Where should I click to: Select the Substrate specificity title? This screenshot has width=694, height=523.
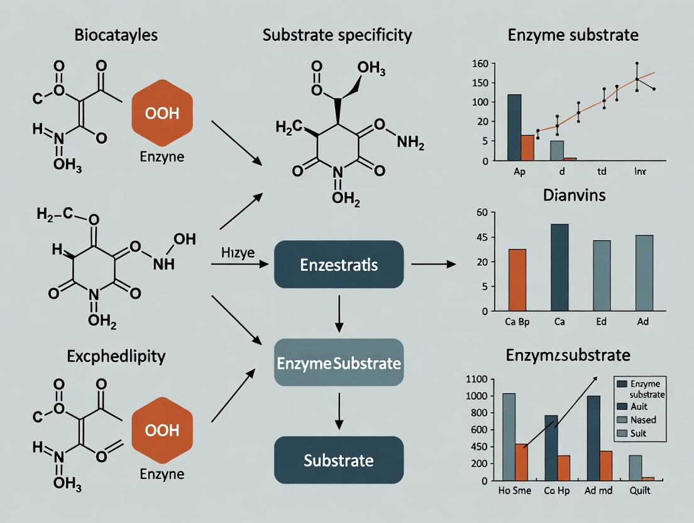click(x=337, y=35)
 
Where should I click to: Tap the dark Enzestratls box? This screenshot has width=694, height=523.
click(x=339, y=265)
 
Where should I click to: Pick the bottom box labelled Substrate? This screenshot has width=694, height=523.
click(x=339, y=460)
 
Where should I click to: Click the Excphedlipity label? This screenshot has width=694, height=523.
click(x=116, y=356)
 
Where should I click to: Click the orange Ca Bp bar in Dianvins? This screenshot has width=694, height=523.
click(x=517, y=280)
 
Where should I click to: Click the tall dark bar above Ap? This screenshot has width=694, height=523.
click(x=514, y=127)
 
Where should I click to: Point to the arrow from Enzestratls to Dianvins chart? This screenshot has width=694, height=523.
click(x=433, y=265)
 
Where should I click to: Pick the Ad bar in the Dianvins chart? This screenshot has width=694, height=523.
click(x=644, y=273)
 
